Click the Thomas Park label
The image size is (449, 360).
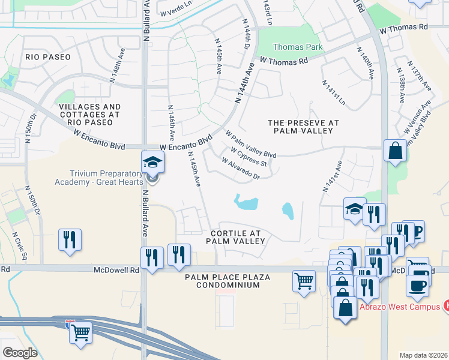click(x=298, y=47)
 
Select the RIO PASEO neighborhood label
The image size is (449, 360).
click(x=48, y=57)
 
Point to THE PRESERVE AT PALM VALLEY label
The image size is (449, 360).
click(x=303, y=127)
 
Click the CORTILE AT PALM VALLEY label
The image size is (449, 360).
click(x=235, y=236)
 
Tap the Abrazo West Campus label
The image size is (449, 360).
click(x=400, y=305)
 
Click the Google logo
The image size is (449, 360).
click(x=20, y=352)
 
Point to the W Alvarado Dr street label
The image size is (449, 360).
click(x=240, y=169)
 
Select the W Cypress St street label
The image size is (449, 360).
click(x=249, y=157)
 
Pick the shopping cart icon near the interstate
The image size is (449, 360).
click(x=81, y=332)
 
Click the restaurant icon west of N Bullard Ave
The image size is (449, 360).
click(x=70, y=240)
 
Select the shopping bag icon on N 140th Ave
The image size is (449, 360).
click(x=396, y=152)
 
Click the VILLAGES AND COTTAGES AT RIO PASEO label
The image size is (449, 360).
click(x=90, y=114)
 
